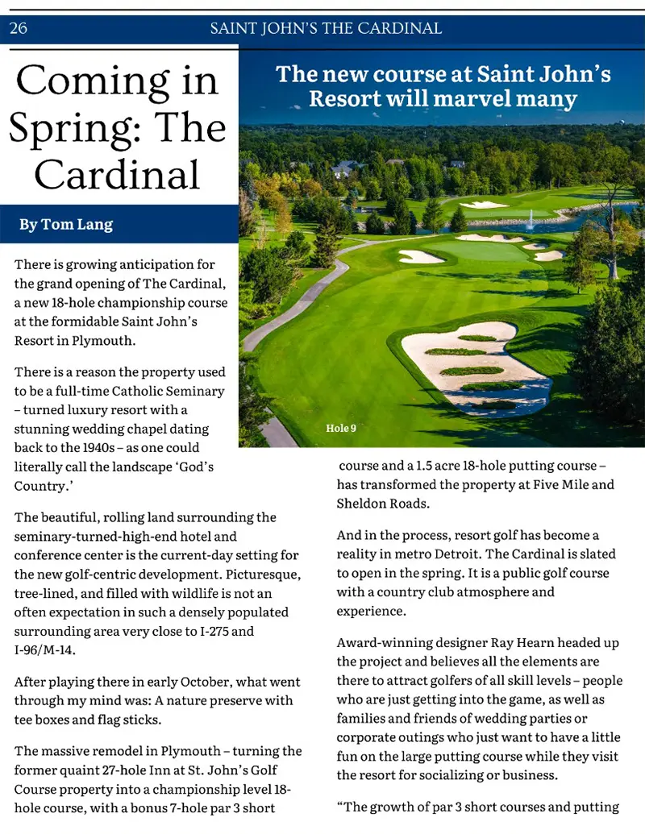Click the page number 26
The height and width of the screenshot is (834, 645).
click(x=18, y=29)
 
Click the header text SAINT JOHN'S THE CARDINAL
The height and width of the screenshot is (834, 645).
click(x=326, y=29)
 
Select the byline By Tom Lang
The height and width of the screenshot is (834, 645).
click(x=66, y=224)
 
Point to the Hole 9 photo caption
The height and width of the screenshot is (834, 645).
click(x=340, y=428)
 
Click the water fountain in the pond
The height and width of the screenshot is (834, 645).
click(x=531, y=218)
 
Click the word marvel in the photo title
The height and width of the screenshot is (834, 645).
click(x=468, y=99)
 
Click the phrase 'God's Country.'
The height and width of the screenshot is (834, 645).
click(x=113, y=476)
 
